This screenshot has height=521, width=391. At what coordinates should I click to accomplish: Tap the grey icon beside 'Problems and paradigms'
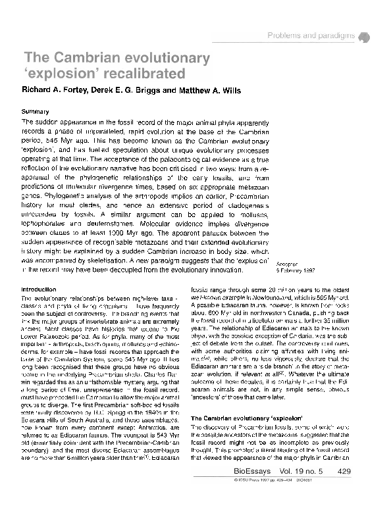coord(367,37)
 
